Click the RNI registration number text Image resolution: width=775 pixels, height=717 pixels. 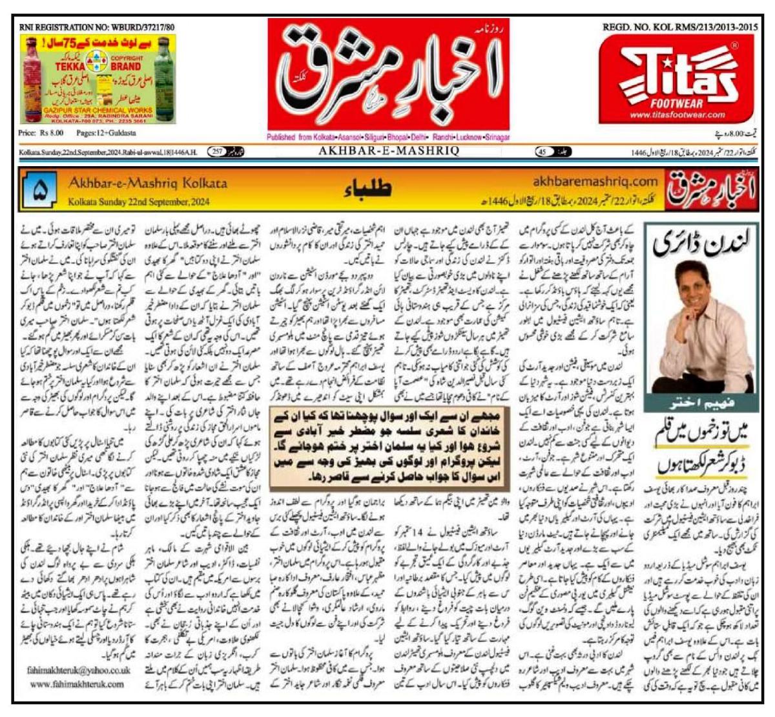click(x=97, y=27)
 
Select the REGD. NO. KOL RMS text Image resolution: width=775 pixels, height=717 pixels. click(x=680, y=27)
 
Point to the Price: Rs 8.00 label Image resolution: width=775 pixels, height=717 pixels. click(x=41, y=133)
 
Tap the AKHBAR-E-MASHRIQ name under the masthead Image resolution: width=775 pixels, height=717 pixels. click(x=389, y=151)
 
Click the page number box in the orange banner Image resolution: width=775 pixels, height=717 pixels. click(x=39, y=191)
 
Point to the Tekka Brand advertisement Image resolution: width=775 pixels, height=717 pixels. click(x=97, y=79)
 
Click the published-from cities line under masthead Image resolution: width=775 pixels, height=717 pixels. click(x=388, y=137)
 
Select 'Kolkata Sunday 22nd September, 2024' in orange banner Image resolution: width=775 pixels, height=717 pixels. click(x=139, y=202)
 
